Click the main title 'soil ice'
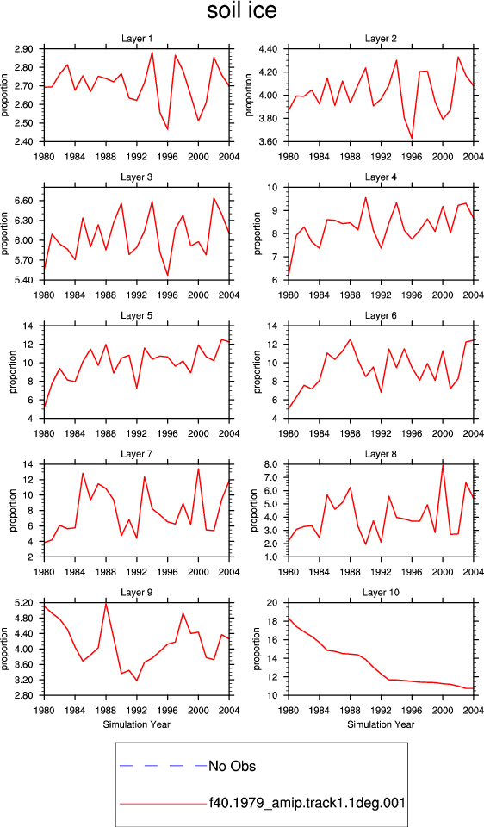tap(241, 11)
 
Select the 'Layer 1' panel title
tap(137, 39)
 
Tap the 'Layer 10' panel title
tap(381, 593)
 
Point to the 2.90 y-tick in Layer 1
tap(26, 49)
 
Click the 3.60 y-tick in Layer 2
tap(270, 142)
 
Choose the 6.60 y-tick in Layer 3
tap(26, 201)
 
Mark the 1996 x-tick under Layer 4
tap(412, 295)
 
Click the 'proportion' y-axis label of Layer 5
tap(13, 372)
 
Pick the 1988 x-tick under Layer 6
tap(351, 433)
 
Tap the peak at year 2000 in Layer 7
tap(198, 469)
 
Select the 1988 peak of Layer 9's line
tap(106, 604)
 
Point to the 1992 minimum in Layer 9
tap(137, 681)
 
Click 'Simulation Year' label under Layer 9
tap(137, 724)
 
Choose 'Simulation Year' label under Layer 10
tap(381, 724)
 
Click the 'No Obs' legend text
tap(233, 765)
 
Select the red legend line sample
tap(163, 804)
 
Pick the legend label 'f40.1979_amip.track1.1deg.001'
tap(307, 803)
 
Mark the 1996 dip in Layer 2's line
tap(412, 138)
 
